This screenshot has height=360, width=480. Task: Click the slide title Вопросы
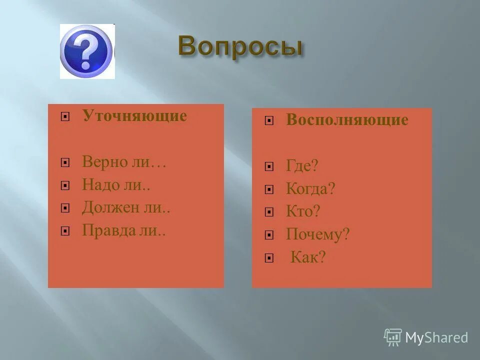point(240,46)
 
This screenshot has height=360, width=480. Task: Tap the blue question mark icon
point(86,51)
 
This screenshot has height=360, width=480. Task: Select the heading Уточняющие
point(134,116)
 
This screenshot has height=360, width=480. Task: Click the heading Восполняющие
point(347,120)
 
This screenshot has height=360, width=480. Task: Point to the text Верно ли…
point(124,162)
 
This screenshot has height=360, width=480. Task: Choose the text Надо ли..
point(116,185)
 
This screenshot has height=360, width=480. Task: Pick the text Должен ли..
point(126,207)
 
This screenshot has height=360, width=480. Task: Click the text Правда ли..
point(124,230)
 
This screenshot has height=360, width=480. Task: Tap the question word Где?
point(302,166)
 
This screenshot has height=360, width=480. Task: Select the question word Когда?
point(310,189)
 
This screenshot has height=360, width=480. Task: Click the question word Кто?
point(302,211)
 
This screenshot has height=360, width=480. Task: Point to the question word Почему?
point(317,234)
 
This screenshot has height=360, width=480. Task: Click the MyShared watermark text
point(436,337)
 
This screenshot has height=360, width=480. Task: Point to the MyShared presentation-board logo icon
point(393,337)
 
